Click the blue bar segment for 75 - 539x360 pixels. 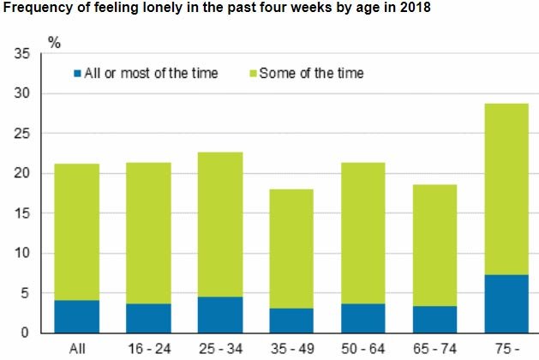505,303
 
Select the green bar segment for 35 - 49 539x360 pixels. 291,249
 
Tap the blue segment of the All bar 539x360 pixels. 77,315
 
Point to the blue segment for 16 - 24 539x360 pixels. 148,317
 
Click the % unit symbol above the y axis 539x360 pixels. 55,40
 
